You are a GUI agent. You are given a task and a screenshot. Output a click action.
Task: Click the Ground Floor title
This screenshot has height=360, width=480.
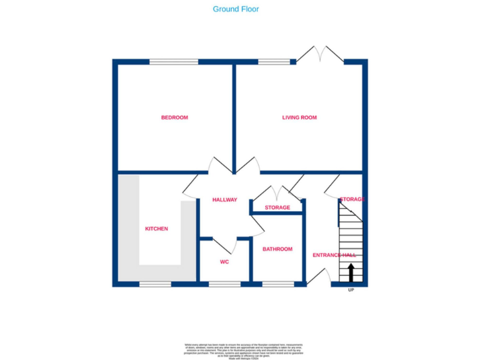tap(236, 9)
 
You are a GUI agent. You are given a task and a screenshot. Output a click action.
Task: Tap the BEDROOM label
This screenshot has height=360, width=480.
tap(174, 117)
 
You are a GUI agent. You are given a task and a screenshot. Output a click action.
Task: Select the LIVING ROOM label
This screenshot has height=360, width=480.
tap(299, 117)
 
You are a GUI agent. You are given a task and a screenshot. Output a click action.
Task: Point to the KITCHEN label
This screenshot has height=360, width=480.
tap(156, 229)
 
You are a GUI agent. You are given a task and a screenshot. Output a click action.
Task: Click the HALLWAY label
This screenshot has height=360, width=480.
tap(225, 200)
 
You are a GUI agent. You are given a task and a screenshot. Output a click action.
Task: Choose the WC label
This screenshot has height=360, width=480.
tap(224, 262)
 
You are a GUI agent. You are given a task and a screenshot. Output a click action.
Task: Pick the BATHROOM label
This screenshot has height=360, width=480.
tap(277, 249)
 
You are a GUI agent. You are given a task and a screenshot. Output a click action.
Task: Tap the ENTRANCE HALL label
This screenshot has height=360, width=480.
tap(334, 255)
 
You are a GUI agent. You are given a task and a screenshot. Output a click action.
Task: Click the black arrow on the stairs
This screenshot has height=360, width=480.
tap(351, 272)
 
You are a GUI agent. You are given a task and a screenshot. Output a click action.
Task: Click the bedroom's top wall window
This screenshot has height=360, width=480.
tap(174, 61)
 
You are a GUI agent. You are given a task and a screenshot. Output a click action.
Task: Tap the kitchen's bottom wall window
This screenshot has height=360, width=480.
tap(155, 284)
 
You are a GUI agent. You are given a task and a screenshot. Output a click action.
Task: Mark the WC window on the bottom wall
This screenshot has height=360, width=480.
tap(224, 284)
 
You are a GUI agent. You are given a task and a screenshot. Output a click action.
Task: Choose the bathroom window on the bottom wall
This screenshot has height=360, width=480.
tap(278, 284)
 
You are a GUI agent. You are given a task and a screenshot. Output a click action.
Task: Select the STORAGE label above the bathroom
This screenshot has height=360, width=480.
tap(277, 207)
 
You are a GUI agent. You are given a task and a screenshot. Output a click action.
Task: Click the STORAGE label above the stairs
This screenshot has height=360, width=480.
tap(352, 199)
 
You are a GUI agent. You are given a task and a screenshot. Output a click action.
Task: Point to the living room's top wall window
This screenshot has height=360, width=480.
tap(269, 61)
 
